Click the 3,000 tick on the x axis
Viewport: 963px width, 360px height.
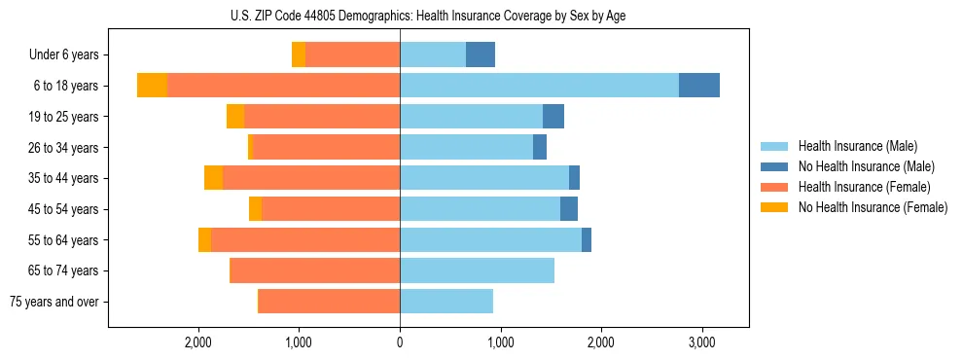pos(701,342)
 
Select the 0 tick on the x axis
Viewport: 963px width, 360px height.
pos(400,342)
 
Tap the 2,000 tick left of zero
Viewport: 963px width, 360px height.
pos(198,342)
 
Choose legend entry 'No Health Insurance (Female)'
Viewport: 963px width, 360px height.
pos(872,207)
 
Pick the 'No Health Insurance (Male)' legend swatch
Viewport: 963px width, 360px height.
pos(774,166)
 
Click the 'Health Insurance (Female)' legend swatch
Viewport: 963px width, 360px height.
pos(774,187)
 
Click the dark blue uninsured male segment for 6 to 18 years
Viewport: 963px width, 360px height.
pos(699,86)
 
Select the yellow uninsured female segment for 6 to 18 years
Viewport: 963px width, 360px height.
pos(152,86)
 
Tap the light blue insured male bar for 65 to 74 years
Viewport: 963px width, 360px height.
pos(477,270)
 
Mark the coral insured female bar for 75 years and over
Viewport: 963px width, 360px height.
pos(329,302)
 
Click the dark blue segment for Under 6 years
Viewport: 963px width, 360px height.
pos(481,55)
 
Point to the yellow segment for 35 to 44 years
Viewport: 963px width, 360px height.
pos(213,178)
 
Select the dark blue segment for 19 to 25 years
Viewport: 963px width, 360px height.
pos(553,117)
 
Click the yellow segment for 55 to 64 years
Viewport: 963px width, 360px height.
pos(204,240)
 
